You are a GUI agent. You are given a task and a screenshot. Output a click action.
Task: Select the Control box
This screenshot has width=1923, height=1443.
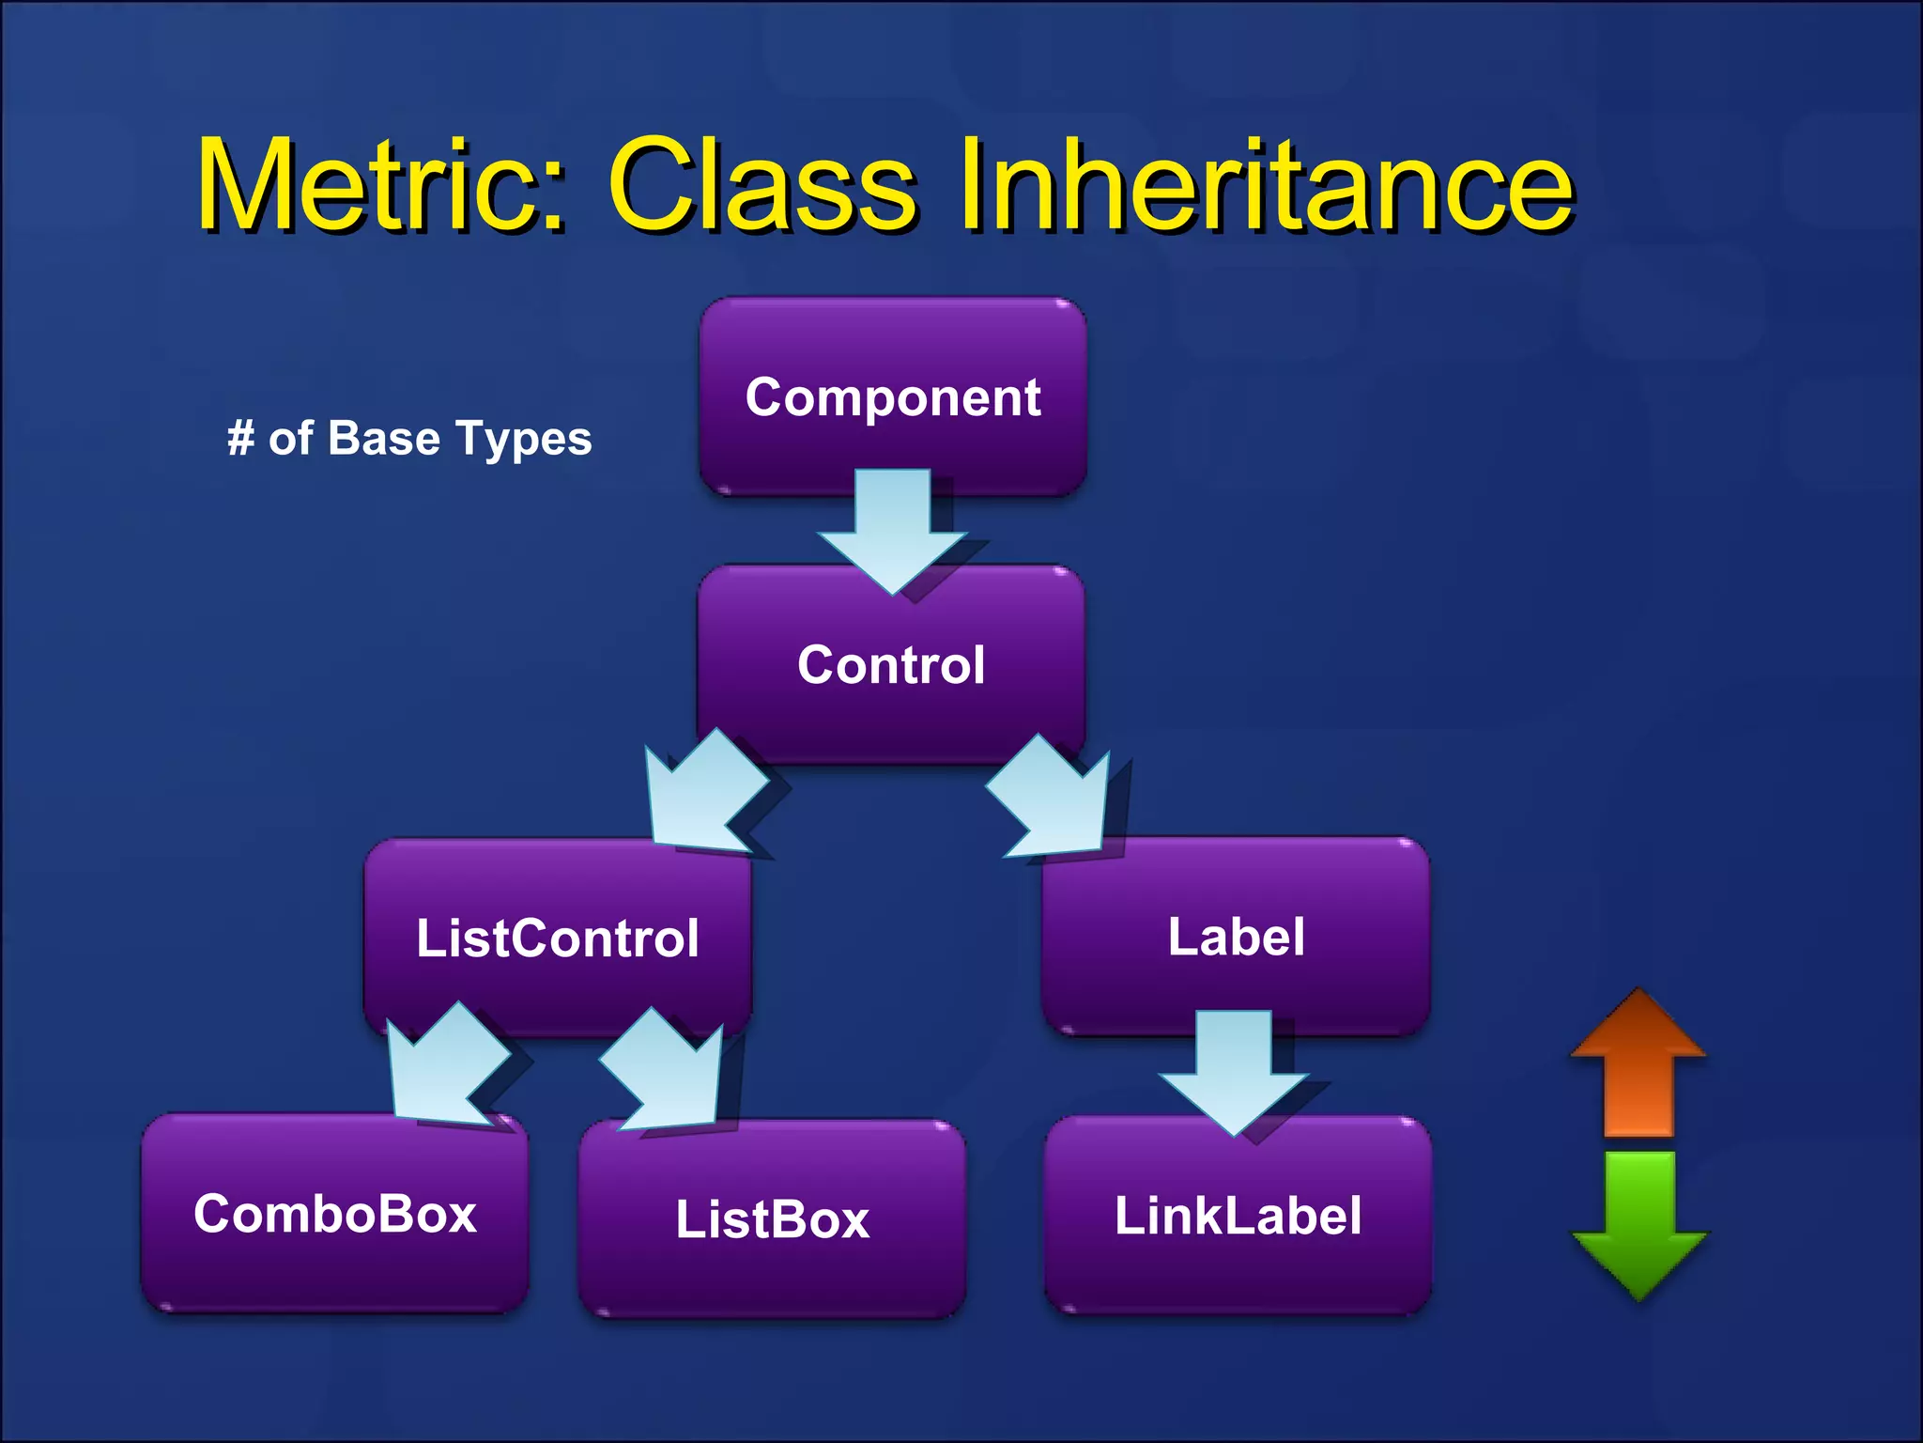pyautogui.click(x=891, y=663)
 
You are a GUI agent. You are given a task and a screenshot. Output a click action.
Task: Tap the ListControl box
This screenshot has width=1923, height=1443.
pyautogui.click(x=558, y=937)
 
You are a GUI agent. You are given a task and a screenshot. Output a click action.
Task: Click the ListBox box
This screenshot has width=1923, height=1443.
pyautogui.click(x=772, y=1218)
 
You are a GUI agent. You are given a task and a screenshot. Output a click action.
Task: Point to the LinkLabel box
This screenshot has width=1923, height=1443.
pyautogui.click(x=1238, y=1215)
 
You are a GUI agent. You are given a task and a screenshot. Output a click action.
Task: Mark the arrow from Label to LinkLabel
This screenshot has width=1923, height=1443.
pyautogui.click(x=1234, y=1071)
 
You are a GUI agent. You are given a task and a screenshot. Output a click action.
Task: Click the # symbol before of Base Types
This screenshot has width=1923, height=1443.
pyautogui.click(x=240, y=438)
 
